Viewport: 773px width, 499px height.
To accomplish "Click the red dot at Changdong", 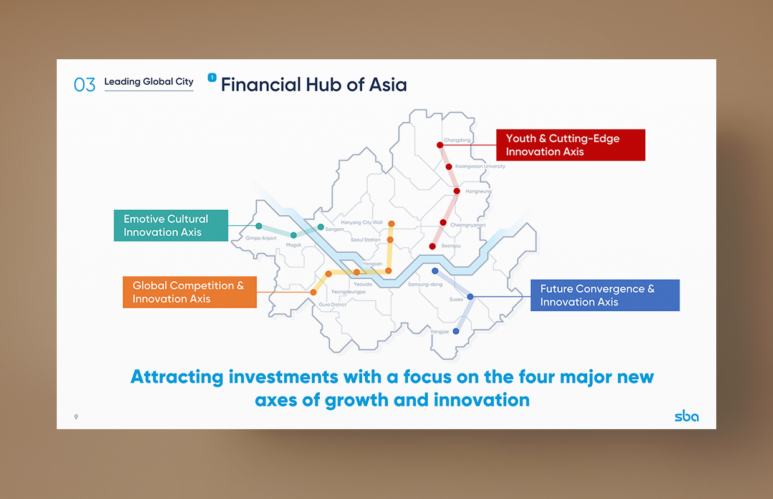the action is [x=440, y=145].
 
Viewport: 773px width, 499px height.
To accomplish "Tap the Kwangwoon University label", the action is [x=480, y=167].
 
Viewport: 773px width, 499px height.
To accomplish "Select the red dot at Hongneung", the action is [x=457, y=191].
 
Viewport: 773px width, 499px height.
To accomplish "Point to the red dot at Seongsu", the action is [x=433, y=246].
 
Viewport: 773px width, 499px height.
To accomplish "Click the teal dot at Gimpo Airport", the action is [x=259, y=226].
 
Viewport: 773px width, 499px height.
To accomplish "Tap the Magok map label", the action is [x=294, y=245].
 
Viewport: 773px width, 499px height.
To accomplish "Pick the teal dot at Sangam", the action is [x=321, y=227].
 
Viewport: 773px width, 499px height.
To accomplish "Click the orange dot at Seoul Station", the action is [x=390, y=240].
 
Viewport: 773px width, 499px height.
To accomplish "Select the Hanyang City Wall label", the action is [x=362, y=223].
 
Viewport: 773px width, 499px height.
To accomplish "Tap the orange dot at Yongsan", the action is [x=388, y=271].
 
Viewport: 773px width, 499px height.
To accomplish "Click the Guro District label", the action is [x=332, y=304].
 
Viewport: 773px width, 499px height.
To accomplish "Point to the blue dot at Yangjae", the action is [x=456, y=331].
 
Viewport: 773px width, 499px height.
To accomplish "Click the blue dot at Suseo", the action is [x=470, y=296].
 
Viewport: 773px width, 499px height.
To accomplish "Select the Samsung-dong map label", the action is [x=425, y=284].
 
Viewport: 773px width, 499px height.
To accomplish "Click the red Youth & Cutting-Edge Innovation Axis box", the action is [x=571, y=145].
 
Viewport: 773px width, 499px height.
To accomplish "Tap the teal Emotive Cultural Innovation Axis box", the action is [x=171, y=226].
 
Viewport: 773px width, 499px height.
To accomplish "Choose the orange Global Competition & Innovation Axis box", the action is [x=190, y=292].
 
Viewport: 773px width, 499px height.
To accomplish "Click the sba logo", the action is [x=687, y=416].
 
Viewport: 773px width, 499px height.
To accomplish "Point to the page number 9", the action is [x=76, y=417].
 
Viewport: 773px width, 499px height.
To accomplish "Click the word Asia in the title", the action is [x=388, y=85].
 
